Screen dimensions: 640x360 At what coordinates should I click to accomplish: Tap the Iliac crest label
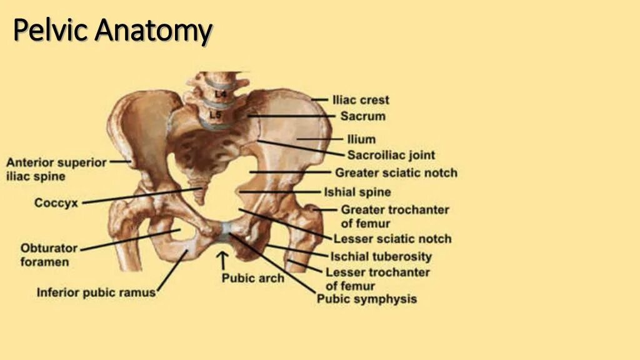[361, 100]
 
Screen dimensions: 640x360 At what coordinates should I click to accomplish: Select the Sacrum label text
[362, 116]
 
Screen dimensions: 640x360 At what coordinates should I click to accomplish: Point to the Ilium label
[361, 139]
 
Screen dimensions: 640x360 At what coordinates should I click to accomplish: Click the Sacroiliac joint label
[391, 155]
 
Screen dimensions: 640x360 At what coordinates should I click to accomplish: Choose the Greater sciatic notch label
[396, 172]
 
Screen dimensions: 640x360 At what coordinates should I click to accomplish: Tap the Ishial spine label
[357, 192]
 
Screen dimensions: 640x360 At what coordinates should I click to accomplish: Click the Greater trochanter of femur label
[394, 216]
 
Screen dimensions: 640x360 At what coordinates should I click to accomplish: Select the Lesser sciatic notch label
[392, 239]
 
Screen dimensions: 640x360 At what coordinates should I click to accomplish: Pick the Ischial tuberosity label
[381, 256]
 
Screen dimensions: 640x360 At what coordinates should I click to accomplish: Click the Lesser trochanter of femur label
[377, 279]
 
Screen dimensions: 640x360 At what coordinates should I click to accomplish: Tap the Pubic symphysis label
[366, 299]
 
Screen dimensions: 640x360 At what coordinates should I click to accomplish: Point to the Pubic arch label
[253, 278]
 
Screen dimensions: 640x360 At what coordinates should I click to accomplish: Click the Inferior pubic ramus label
[96, 292]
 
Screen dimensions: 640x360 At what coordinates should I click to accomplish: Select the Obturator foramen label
[49, 255]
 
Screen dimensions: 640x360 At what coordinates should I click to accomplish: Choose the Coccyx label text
[56, 203]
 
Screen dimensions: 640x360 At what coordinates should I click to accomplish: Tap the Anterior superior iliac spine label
[56, 169]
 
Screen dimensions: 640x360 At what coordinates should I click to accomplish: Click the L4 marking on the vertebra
[221, 94]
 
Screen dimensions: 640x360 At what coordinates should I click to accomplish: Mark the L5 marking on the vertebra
[216, 115]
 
